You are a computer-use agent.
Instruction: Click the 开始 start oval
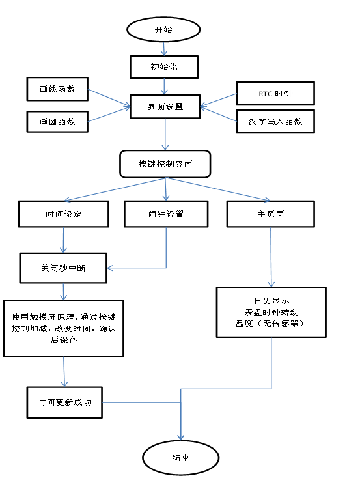pyautogui.click(x=163, y=29)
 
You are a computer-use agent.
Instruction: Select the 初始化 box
pyautogui.click(x=163, y=66)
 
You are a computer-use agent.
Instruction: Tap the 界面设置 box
pyautogui.click(x=165, y=106)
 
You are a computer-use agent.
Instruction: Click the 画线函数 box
pyautogui.click(x=57, y=89)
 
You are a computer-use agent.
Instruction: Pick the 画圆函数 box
pyautogui.click(x=57, y=122)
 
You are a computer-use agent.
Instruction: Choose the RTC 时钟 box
pyautogui.click(x=275, y=94)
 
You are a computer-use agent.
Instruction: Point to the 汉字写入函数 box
pyautogui.click(x=275, y=122)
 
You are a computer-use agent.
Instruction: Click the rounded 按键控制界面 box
pyautogui.click(x=165, y=164)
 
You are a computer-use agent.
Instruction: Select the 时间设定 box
pyautogui.click(x=63, y=214)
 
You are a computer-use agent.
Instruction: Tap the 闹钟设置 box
pyautogui.click(x=166, y=214)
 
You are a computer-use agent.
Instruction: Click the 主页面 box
pyautogui.click(x=270, y=214)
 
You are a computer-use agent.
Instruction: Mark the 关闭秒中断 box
pyautogui.click(x=63, y=268)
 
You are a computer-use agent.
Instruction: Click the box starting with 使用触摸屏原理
pyautogui.click(x=63, y=328)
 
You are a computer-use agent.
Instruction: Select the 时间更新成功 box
pyautogui.click(x=64, y=402)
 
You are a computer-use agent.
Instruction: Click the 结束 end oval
pyautogui.click(x=180, y=458)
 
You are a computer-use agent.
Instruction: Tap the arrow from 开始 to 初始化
pyautogui.click(x=163, y=49)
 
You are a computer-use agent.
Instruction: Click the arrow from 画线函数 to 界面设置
pyautogui.click(x=109, y=97)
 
